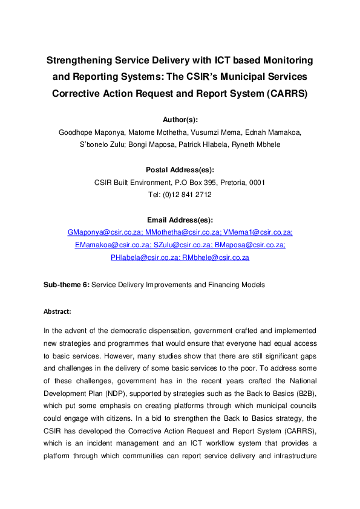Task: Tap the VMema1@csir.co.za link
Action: pos(258,232)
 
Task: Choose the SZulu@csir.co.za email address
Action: pos(182,245)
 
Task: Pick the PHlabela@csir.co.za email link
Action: pos(145,258)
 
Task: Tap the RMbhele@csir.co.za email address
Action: pos(216,258)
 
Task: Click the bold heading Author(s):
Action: pos(180,120)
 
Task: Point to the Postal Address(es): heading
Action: pos(180,170)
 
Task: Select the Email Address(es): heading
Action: pos(180,219)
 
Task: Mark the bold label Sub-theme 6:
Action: pos(66,284)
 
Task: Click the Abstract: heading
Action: pos(57,311)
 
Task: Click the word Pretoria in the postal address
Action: pos(231,183)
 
